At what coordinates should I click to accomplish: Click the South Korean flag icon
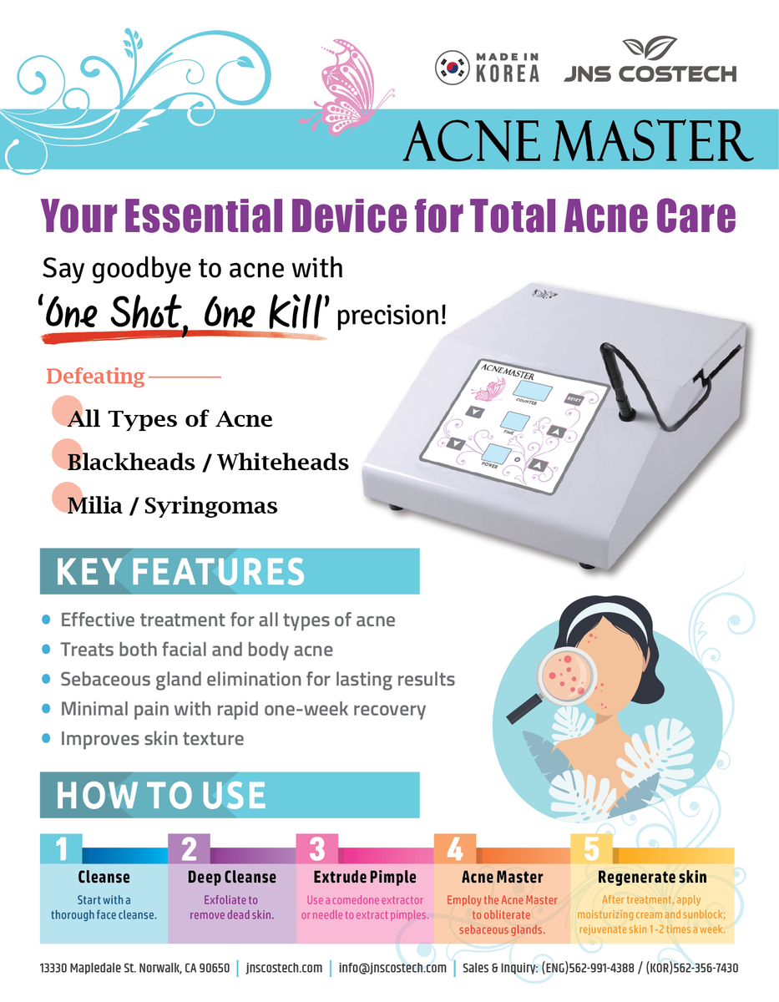[452, 68]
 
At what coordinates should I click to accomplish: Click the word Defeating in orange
[95, 377]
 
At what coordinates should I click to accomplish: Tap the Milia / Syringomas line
[172, 506]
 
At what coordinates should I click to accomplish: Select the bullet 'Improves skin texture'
[152, 739]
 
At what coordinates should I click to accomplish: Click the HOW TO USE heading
[160, 796]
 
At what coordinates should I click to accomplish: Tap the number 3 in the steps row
[317, 848]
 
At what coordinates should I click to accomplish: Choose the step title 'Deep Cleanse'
[231, 878]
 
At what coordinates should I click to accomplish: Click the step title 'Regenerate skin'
[652, 878]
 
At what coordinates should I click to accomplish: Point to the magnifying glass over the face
[560, 676]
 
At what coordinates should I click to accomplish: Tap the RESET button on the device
[574, 398]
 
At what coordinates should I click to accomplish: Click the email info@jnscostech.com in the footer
[392, 969]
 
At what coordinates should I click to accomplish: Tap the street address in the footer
[134, 969]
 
